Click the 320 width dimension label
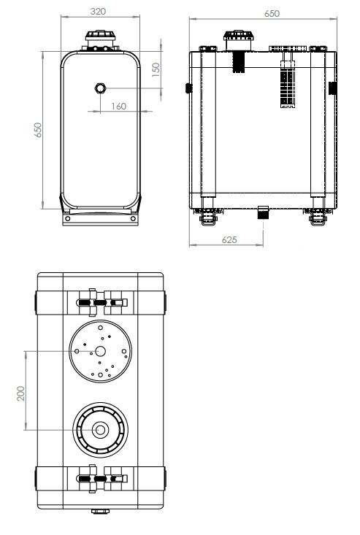(x=98, y=11)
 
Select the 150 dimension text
(x=156, y=69)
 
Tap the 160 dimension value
(x=119, y=107)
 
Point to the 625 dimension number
(x=229, y=240)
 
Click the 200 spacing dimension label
(x=21, y=393)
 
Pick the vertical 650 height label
(x=37, y=130)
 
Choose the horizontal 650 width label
(x=272, y=14)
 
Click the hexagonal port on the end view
(x=100, y=88)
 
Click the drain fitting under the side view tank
(x=263, y=212)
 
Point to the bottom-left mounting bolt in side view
(x=208, y=218)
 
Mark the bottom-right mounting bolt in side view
(x=318, y=218)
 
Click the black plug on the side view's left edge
(x=188, y=88)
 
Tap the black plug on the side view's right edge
(x=333, y=88)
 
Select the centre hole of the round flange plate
(x=100, y=351)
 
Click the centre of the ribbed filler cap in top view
(x=100, y=430)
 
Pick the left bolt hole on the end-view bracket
(x=68, y=218)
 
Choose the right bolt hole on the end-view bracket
(x=133, y=218)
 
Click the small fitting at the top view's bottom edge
(x=100, y=511)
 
